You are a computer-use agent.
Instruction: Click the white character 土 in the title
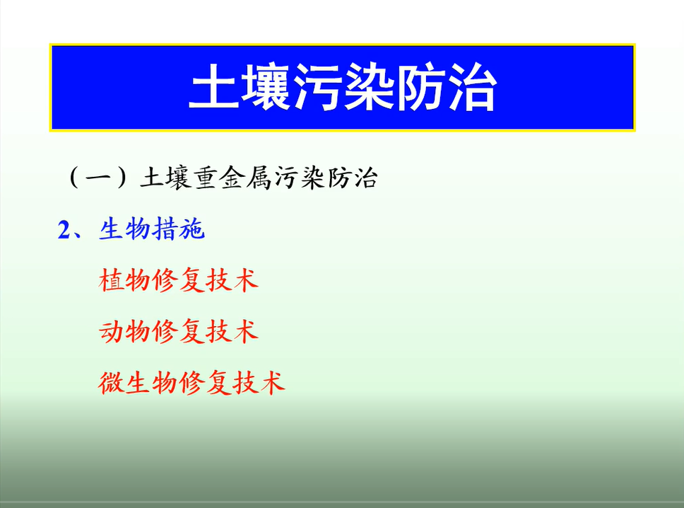click(x=213, y=86)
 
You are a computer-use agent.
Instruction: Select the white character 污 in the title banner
click(x=317, y=86)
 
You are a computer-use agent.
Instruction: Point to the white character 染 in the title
click(x=369, y=86)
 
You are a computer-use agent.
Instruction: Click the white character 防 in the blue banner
click(x=420, y=86)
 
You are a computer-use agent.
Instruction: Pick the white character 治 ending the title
click(x=472, y=86)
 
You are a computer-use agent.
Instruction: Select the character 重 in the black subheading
click(x=206, y=178)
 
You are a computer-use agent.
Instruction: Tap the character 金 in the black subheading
click(x=232, y=178)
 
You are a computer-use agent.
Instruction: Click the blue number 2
click(x=64, y=230)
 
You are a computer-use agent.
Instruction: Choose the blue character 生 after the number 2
click(x=112, y=229)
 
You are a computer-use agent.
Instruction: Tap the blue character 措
click(x=165, y=229)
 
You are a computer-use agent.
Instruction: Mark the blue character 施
click(x=191, y=229)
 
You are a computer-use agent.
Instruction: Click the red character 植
click(x=111, y=280)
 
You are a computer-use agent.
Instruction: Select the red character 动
click(x=111, y=331)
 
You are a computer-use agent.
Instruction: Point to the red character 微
click(x=111, y=383)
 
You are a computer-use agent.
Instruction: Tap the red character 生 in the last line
click(x=138, y=383)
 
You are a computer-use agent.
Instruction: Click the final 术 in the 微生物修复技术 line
click(x=272, y=383)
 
